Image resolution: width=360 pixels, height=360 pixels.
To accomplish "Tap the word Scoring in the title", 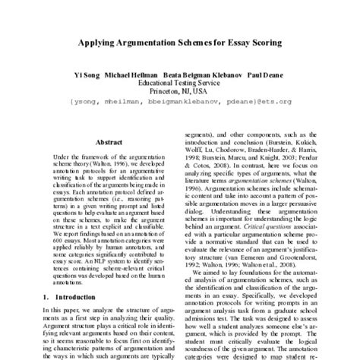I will (261, 45).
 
